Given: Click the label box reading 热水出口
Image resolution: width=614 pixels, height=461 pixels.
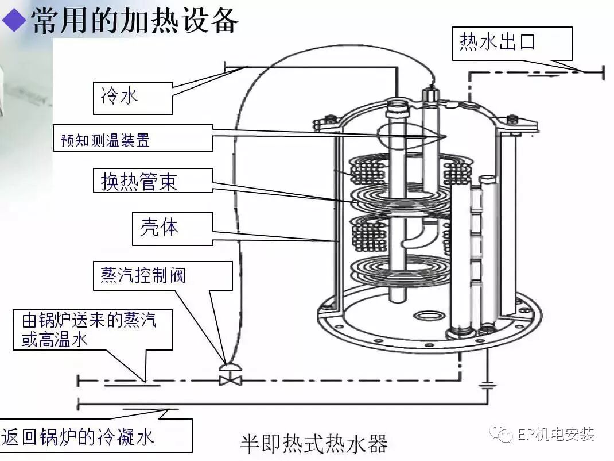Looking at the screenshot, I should [x=512, y=43].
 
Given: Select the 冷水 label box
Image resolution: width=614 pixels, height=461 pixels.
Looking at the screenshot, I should [x=133, y=97].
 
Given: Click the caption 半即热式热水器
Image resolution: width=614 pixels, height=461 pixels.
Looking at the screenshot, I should [x=313, y=443].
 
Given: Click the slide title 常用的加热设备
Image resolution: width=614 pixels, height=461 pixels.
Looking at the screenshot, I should [x=134, y=21].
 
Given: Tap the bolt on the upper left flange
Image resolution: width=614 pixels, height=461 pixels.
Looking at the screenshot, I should [x=331, y=120].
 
